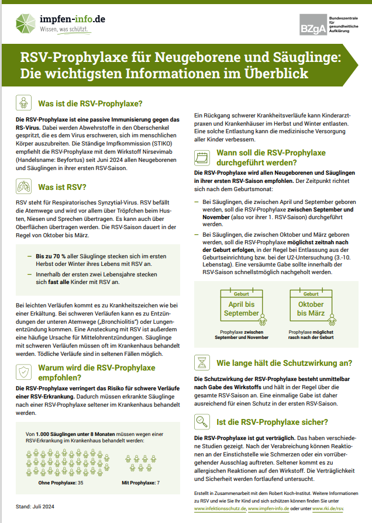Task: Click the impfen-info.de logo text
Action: tap(73, 19)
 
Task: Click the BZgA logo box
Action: tap(309, 25)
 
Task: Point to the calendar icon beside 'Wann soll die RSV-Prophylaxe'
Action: tap(202, 158)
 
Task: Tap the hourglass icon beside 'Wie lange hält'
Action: tap(202, 362)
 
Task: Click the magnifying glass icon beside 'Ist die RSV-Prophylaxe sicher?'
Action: tap(202, 421)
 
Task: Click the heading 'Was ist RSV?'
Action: tap(62, 188)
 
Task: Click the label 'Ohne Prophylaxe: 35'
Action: tap(60, 483)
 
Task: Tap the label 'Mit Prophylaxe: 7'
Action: tap(140, 483)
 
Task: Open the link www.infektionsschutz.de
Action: tap(219, 509)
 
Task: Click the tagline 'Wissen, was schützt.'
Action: tap(64, 29)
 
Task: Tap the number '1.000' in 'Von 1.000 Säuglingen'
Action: tap(44, 434)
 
